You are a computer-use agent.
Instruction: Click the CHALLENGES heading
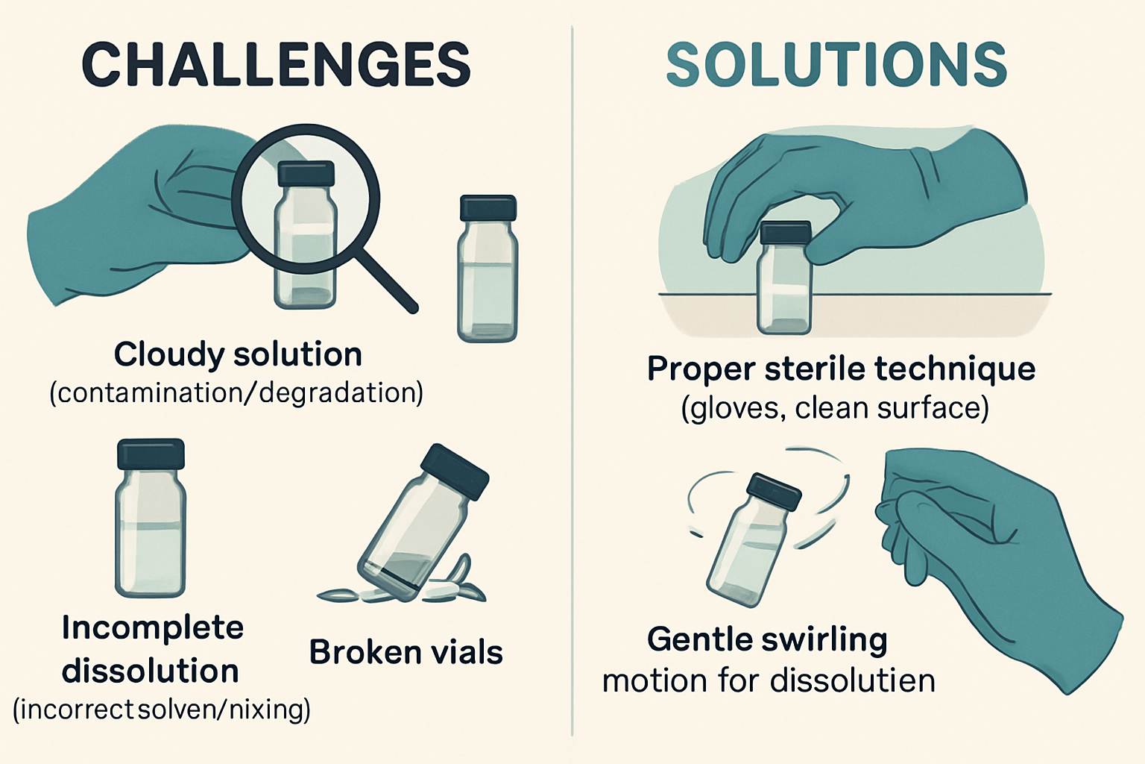(x=276, y=65)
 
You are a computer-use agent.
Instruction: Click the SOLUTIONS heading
(x=836, y=65)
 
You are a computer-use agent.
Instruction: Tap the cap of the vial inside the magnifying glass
(x=306, y=174)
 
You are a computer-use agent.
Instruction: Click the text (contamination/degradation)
(x=236, y=392)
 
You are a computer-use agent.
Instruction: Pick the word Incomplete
(x=153, y=627)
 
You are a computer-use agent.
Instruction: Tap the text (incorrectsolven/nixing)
(x=162, y=710)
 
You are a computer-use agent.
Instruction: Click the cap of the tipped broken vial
(x=455, y=472)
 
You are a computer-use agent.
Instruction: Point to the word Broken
(x=356, y=653)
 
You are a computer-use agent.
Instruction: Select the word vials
(x=466, y=653)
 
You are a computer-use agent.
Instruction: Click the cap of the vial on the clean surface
(x=784, y=233)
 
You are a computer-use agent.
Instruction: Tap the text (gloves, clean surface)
(x=835, y=409)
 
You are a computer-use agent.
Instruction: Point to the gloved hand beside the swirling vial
(x=999, y=552)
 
